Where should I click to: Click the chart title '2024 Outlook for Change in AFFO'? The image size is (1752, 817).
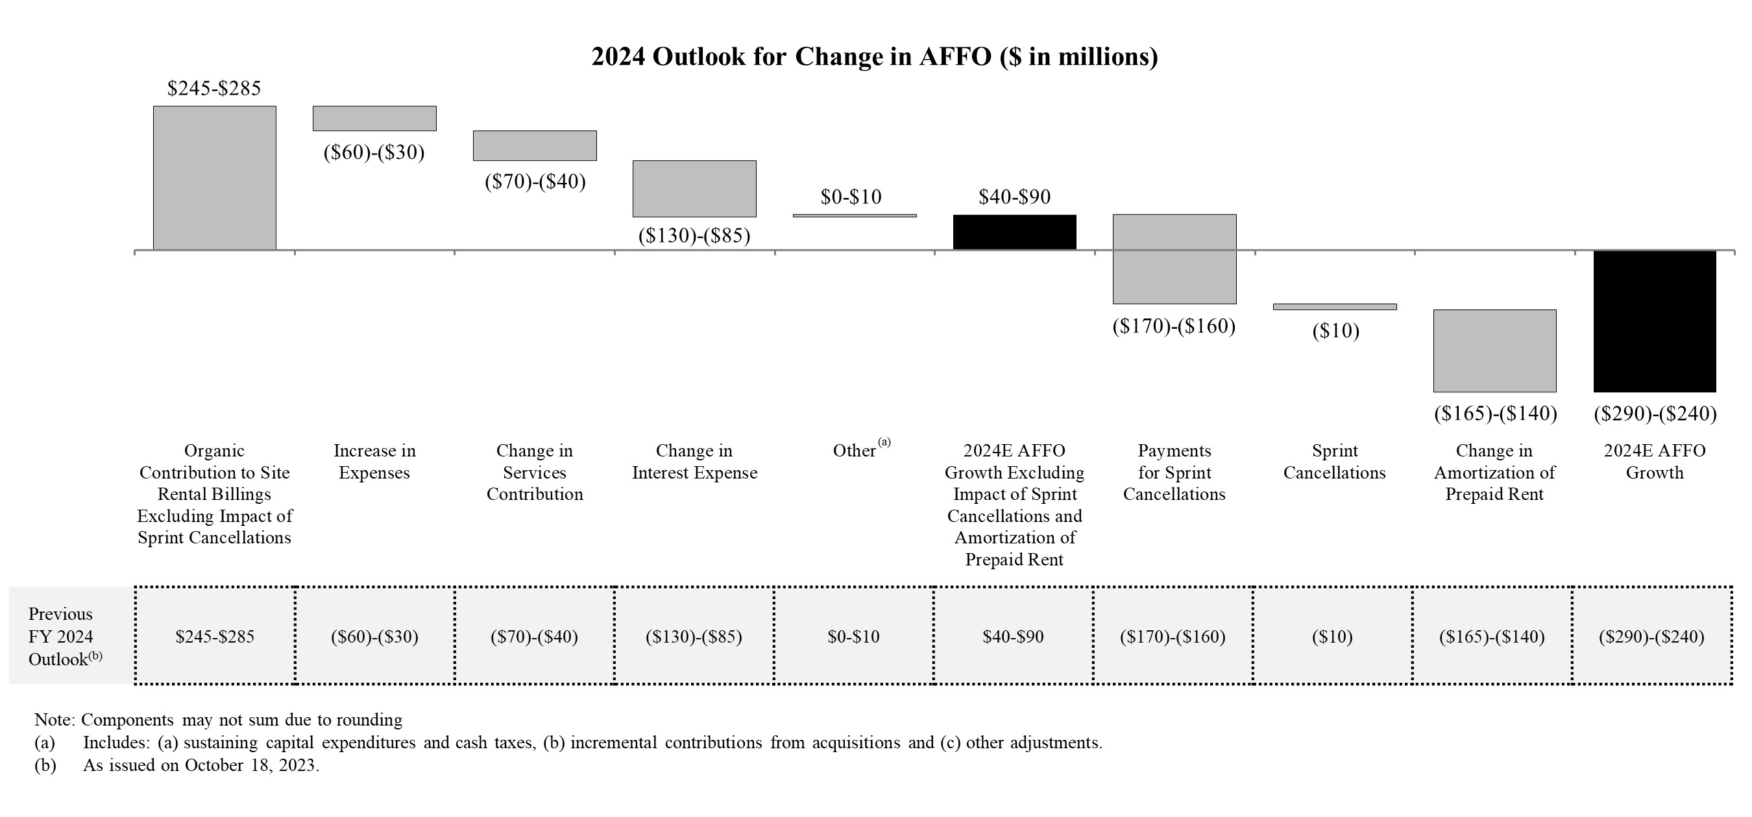[875, 56]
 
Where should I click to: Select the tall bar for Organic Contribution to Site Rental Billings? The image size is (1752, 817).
[214, 178]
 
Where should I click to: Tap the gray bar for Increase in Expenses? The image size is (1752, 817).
[374, 118]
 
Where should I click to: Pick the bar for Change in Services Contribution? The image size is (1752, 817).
[535, 145]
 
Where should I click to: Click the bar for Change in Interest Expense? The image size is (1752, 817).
[694, 188]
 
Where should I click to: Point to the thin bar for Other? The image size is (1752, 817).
[854, 215]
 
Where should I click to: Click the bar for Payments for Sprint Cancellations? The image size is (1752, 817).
[1174, 259]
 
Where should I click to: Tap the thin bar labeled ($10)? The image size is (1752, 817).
[1334, 307]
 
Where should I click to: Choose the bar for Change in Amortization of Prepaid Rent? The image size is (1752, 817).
[1494, 351]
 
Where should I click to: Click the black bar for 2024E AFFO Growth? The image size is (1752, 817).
[1654, 322]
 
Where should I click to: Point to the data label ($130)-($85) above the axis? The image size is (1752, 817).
[694, 236]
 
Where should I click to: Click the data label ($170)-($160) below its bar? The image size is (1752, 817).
[1174, 326]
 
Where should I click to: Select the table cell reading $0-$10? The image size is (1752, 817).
[853, 637]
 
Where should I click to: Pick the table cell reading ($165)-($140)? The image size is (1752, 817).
[1492, 637]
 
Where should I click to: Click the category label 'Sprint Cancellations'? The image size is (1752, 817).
[1334, 462]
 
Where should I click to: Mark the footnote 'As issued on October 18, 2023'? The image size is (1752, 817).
[201, 765]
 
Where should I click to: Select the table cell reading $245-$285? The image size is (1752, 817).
[215, 637]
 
